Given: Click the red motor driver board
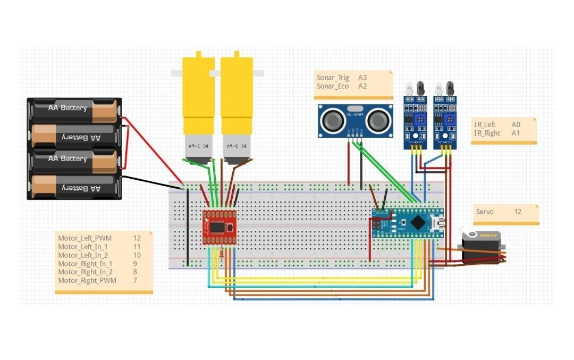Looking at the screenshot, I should pyautogui.click(x=219, y=227).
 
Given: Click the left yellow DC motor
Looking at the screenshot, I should pyautogui.click(x=198, y=106).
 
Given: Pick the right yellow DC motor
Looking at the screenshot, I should pyautogui.click(x=237, y=106).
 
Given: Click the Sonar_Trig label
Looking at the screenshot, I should pyautogui.click(x=333, y=78).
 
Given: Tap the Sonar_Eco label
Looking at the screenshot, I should pyautogui.click(x=333, y=86).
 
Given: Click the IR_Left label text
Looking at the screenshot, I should pyautogui.click(x=485, y=124).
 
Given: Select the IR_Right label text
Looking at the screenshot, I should pyautogui.click(x=487, y=133).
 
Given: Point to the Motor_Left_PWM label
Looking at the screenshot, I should pyautogui.click(x=85, y=238).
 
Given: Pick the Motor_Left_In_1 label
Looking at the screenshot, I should pyautogui.click(x=83, y=247).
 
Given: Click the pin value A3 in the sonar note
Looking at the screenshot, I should pyautogui.click(x=362, y=78).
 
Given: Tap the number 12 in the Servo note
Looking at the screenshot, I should pyautogui.click(x=518, y=212).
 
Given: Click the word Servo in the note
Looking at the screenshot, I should pyautogui.click(x=485, y=212).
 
